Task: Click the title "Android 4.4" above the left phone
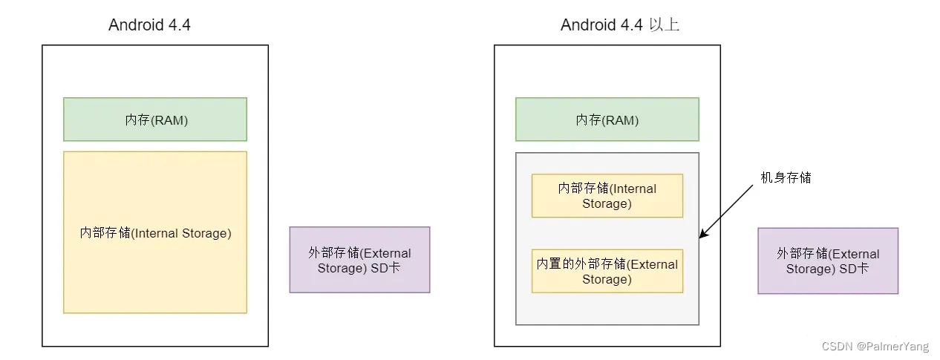(x=149, y=24)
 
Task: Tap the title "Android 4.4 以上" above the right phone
(x=620, y=24)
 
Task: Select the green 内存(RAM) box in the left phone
(x=154, y=120)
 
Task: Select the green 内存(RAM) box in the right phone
(x=607, y=120)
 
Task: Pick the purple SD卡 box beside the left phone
(x=359, y=260)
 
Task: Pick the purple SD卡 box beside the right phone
(x=828, y=261)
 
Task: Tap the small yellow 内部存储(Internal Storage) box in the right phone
(x=607, y=196)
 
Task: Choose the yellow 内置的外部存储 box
(x=607, y=272)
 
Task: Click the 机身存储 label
(x=786, y=178)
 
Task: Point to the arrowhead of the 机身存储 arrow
(x=702, y=236)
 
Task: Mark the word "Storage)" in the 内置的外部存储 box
(x=607, y=279)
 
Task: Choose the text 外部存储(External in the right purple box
(x=828, y=254)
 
